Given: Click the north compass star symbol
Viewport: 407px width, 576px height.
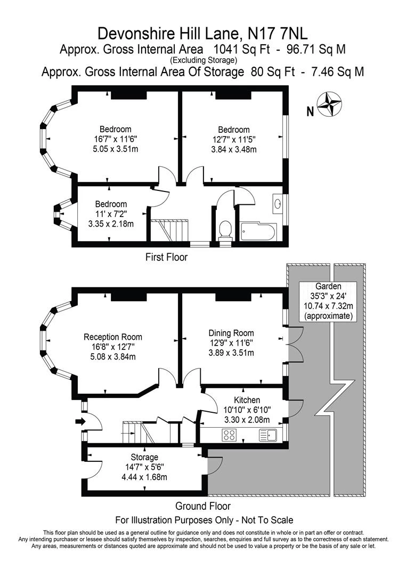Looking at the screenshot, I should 329,105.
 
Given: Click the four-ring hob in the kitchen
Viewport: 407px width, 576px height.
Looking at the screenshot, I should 230,435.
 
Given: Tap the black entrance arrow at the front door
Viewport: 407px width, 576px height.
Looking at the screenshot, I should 80,421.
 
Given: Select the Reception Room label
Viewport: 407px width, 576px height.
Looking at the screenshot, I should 113,337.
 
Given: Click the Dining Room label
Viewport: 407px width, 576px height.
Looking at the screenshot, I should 231,333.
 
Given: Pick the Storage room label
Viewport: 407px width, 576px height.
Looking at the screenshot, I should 144,457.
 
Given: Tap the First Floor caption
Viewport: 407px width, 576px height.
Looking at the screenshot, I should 166,257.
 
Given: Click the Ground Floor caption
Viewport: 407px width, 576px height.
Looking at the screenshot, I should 203,506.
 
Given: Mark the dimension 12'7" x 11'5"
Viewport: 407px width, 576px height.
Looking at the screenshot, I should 234,140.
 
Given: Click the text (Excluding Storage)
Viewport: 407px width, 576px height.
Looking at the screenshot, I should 203,60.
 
